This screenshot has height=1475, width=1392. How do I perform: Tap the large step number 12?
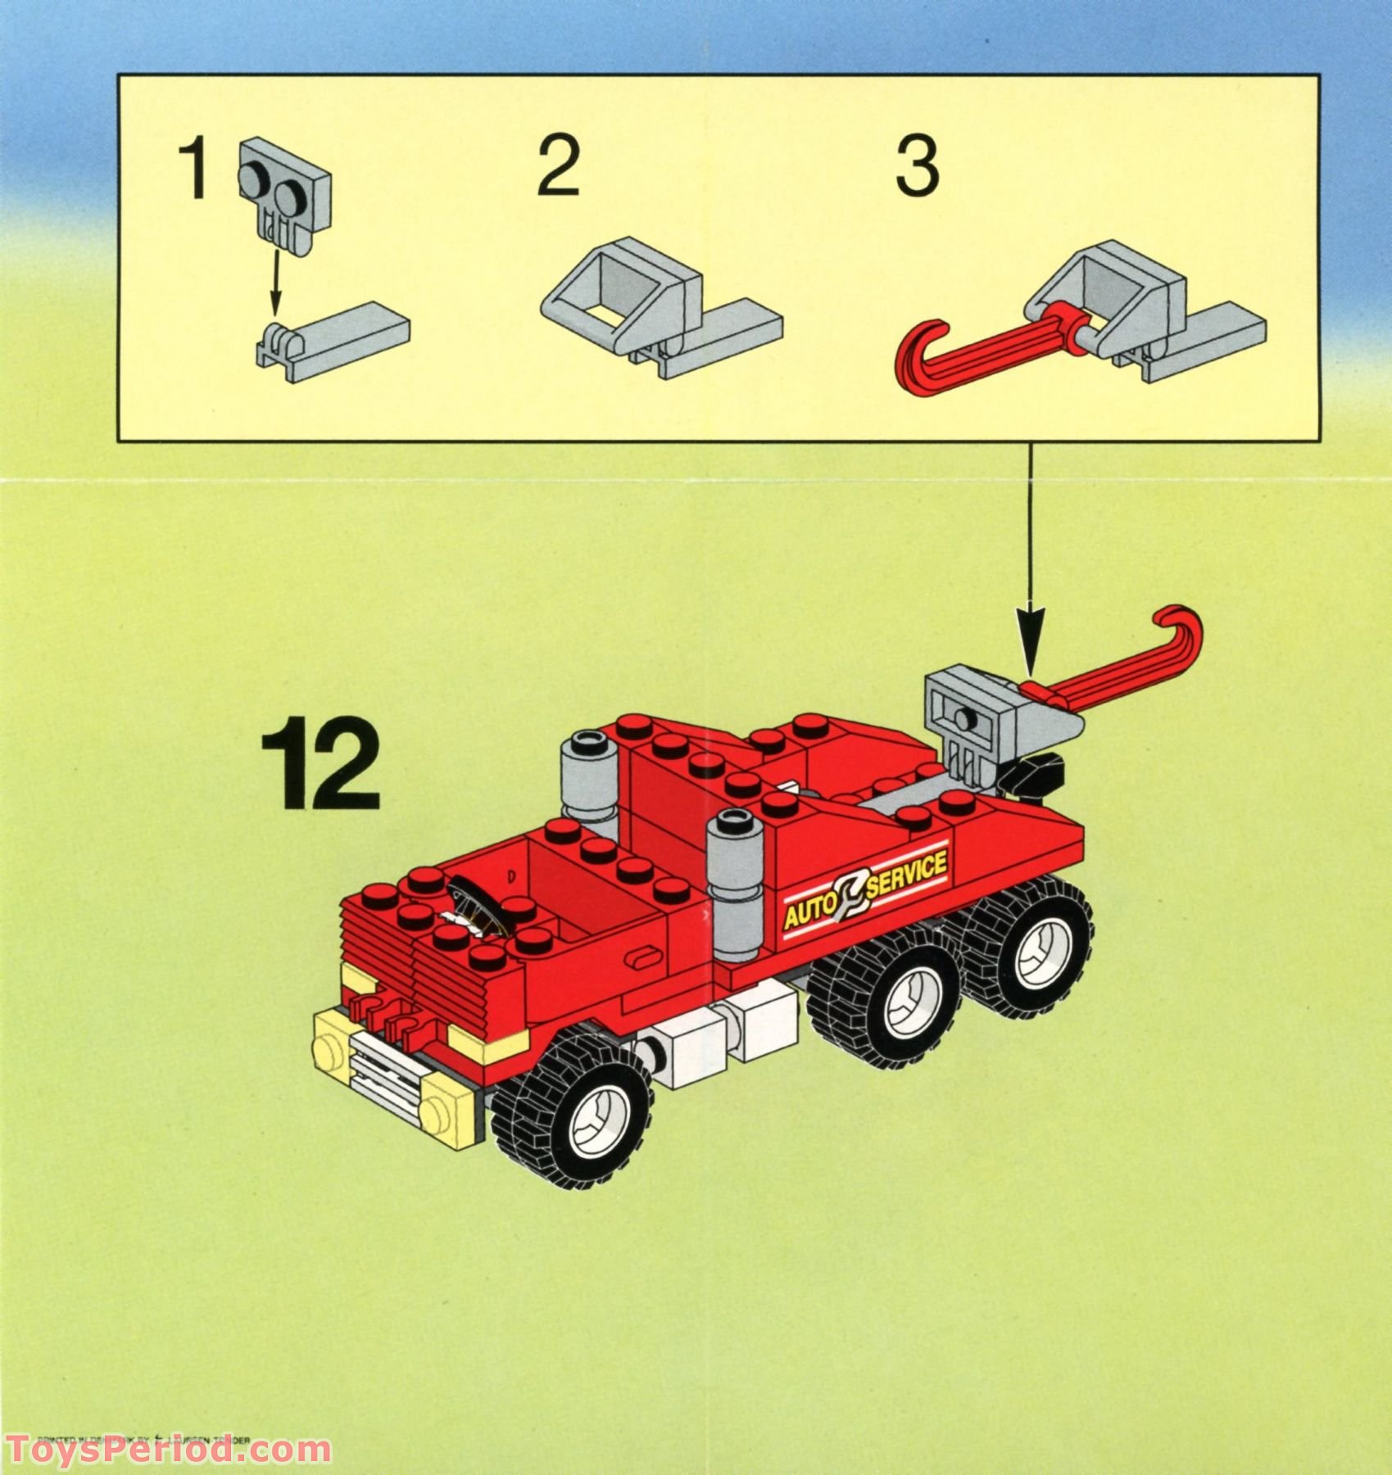(320, 762)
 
